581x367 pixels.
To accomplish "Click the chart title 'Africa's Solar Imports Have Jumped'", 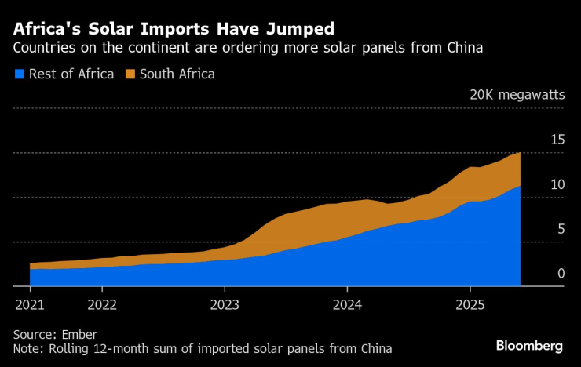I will pyautogui.click(x=172, y=29).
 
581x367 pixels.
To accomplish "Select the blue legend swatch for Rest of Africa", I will pyautogui.click(x=19, y=74).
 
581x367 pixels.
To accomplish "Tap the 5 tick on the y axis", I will pyautogui.click(x=561, y=229).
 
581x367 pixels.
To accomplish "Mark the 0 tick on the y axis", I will pyautogui.click(x=561, y=274).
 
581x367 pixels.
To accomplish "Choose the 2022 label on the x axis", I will pyautogui.click(x=102, y=303).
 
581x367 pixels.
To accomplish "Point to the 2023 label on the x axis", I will pyautogui.click(x=225, y=303).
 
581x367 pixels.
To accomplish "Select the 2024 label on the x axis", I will pyautogui.click(x=347, y=303).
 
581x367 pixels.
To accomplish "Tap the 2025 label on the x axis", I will pyautogui.click(x=470, y=303).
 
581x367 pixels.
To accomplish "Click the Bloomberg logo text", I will pyautogui.click(x=529, y=346).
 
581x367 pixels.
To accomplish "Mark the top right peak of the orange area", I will pyautogui.click(x=519, y=154).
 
